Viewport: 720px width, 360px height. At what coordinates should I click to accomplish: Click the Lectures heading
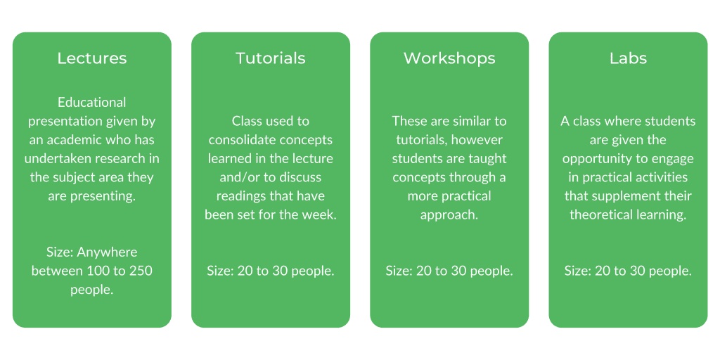(x=91, y=58)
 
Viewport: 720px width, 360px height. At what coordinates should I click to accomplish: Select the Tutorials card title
(x=271, y=58)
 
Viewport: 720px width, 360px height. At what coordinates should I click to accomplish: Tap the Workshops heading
(x=449, y=58)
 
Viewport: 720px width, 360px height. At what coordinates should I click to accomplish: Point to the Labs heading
(x=628, y=58)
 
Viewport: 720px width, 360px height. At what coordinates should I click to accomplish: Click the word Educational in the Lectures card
(x=92, y=102)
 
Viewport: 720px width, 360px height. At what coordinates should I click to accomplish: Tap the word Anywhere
(x=107, y=252)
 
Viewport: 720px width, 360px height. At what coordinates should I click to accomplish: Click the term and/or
(x=239, y=177)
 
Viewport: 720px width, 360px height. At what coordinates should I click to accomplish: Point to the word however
(x=478, y=140)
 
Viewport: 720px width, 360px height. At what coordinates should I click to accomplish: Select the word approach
(x=449, y=215)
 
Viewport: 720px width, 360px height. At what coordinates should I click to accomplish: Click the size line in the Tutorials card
(x=271, y=271)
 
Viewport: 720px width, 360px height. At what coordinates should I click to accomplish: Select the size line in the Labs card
(x=628, y=271)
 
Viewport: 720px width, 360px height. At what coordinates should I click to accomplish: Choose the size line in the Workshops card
(x=449, y=271)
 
